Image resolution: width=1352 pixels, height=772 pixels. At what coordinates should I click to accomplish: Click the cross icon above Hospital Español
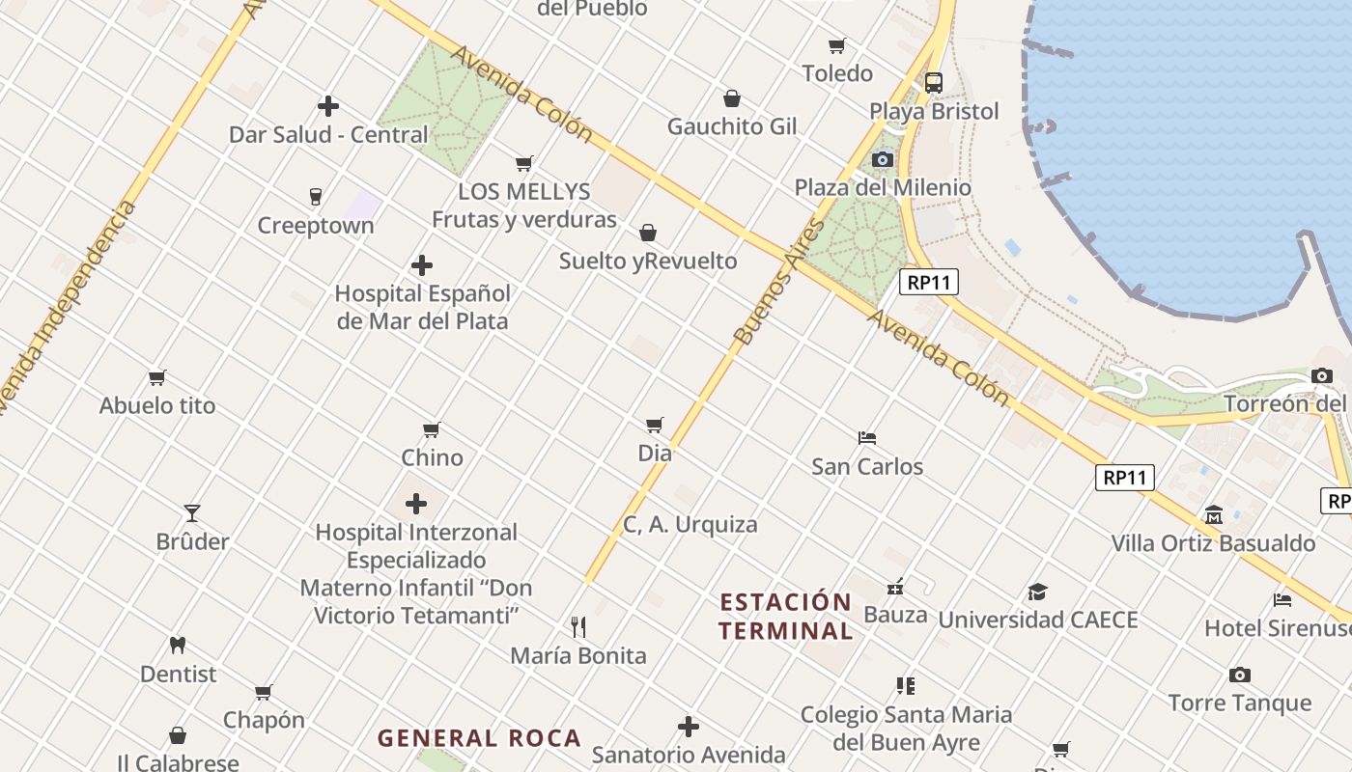(x=422, y=265)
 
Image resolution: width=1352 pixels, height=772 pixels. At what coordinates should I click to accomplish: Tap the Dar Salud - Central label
(x=327, y=134)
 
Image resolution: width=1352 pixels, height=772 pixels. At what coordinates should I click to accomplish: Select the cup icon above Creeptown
(x=315, y=197)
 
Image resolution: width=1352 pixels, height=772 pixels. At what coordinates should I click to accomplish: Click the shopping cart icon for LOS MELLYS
(x=523, y=163)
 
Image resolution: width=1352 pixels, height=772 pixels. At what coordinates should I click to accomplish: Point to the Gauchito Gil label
(x=732, y=126)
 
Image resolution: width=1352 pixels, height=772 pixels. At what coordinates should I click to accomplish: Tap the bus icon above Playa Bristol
(x=933, y=83)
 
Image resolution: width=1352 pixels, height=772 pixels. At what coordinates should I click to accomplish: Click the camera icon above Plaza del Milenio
(x=882, y=159)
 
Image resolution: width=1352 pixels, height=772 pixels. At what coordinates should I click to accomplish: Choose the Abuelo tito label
(x=157, y=405)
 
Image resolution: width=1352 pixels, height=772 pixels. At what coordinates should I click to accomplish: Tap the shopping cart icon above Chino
(x=432, y=429)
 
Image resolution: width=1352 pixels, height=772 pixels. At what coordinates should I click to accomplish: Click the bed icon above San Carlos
(x=866, y=438)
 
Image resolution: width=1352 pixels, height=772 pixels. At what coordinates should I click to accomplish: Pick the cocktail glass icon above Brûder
(x=192, y=513)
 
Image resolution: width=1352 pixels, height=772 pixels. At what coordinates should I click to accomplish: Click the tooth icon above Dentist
(x=178, y=645)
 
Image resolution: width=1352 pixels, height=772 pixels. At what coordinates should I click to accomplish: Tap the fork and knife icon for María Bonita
(x=578, y=627)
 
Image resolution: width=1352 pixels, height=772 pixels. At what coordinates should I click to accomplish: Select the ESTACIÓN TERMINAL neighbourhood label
(x=786, y=617)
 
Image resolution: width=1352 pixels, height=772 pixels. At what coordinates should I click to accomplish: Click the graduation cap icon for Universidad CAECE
(x=1037, y=592)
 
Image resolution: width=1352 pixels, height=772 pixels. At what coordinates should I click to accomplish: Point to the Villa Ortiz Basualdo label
(x=1213, y=543)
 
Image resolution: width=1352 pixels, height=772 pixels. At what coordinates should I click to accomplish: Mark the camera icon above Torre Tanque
(x=1240, y=675)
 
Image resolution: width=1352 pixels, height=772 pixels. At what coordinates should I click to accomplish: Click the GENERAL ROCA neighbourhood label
(x=479, y=738)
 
